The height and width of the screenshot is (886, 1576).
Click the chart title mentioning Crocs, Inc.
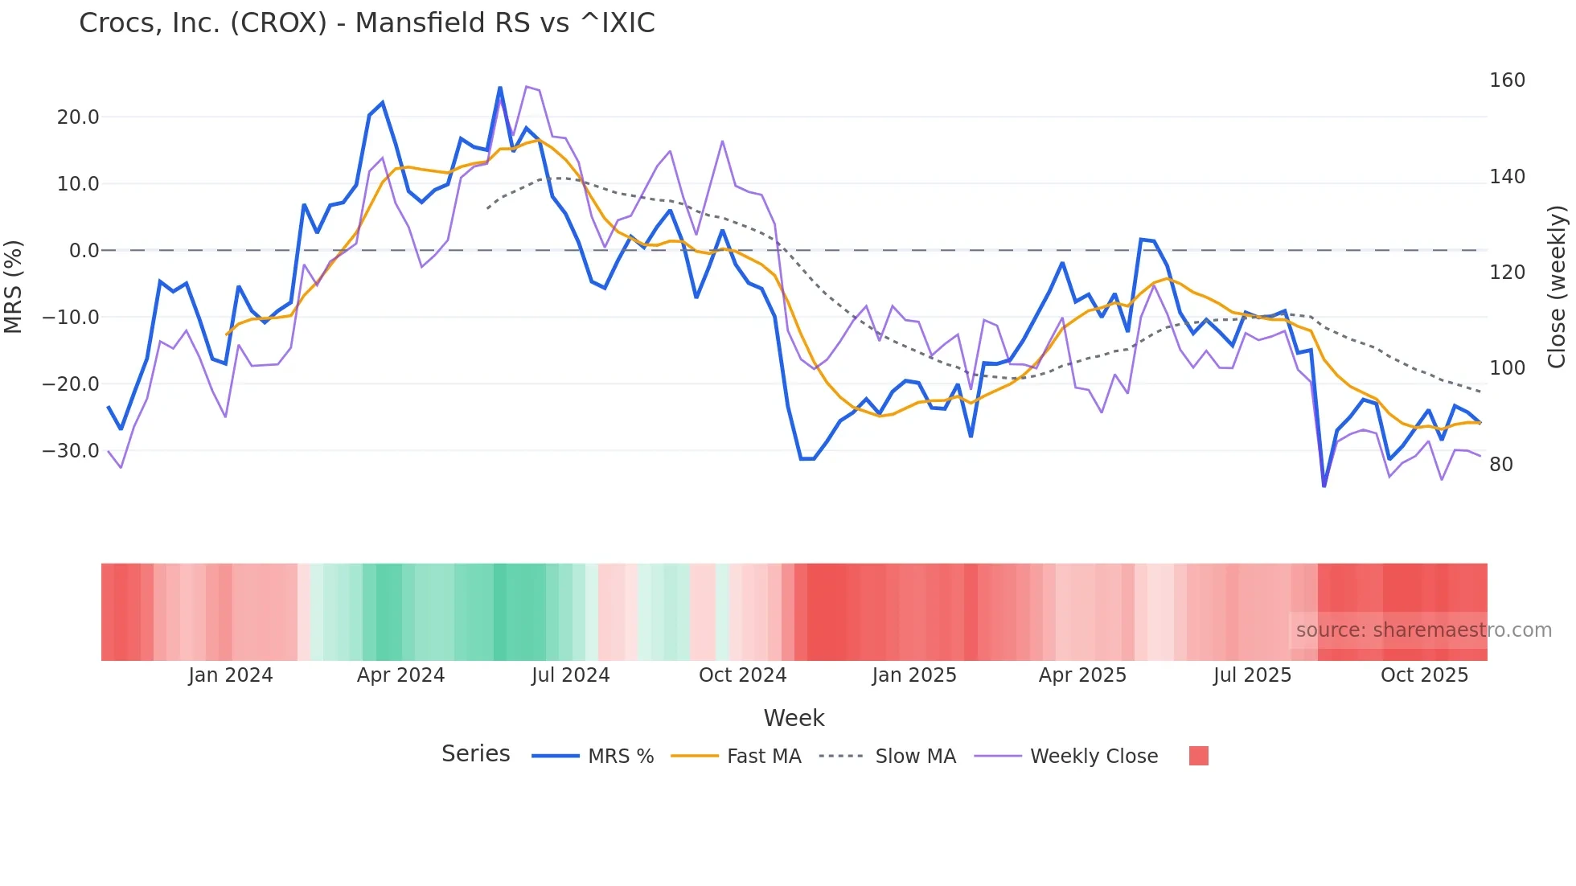tap(367, 23)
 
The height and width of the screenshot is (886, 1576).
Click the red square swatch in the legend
tap(1198, 756)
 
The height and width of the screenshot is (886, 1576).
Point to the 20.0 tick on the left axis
tap(78, 117)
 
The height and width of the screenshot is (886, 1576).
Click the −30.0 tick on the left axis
tap(71, 451)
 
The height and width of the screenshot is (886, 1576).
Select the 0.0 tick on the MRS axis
tap(84, 251)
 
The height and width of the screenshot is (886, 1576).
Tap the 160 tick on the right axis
tap(1507, 80)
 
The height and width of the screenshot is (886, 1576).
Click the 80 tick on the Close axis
tap(1501, 465)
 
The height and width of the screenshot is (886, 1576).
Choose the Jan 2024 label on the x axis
tap(231, 675)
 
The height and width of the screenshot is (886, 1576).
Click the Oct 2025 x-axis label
tap(1424, 675)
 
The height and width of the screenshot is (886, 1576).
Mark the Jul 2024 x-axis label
tap(570, 675)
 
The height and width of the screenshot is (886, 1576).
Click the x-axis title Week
tap(794, 718)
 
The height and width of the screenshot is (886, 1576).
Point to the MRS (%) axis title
tap(14, 286)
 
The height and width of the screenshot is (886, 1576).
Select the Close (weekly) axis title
tap(1557, 286)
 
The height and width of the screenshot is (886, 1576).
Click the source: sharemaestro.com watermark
tap(1423, 630)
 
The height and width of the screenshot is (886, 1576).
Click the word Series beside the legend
tap(475, 754)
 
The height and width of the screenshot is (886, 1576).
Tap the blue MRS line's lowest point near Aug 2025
tap(1324, 486)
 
